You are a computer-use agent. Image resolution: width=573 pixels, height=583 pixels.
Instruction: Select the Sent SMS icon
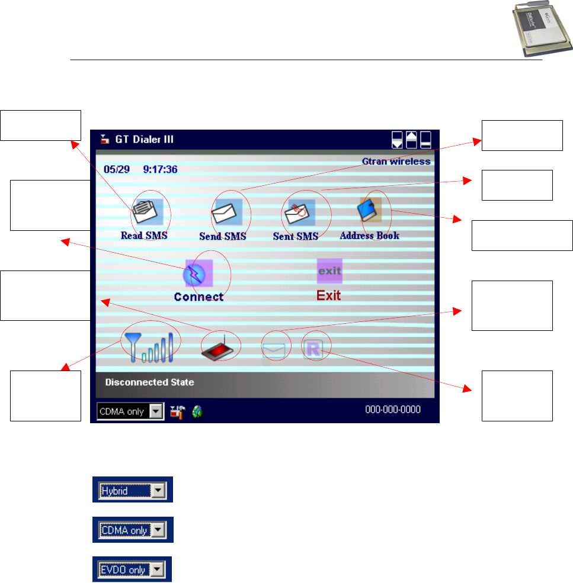coord(299,211)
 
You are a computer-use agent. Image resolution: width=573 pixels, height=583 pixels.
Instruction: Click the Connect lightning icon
coord(199,273)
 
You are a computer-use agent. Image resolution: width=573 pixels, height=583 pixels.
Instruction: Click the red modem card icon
coord(220,348)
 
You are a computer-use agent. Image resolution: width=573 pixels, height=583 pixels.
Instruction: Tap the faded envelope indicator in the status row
coord(274,350)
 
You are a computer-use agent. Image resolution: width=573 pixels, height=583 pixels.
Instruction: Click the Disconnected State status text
coord(149,382)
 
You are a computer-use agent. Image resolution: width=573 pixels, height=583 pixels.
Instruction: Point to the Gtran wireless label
coord(396,162)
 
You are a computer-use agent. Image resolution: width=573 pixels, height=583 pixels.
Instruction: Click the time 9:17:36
coord(160,169)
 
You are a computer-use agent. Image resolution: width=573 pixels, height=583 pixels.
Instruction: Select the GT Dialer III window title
coord(145,140)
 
